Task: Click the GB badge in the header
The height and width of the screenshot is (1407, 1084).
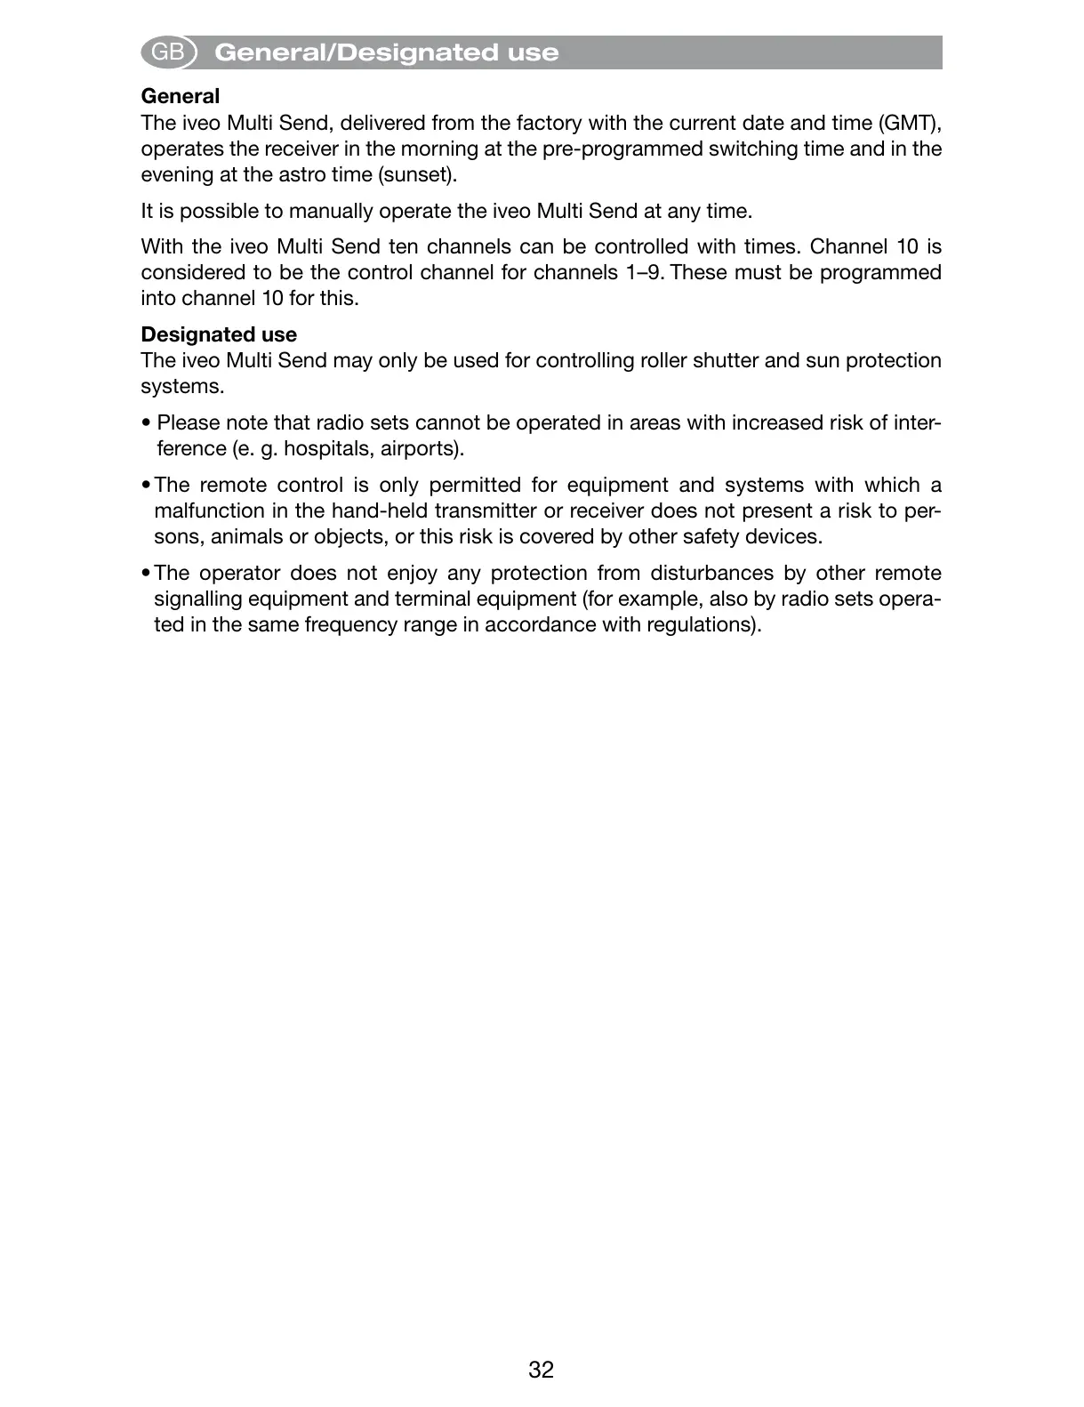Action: pyautogui.click(x=168, y=52)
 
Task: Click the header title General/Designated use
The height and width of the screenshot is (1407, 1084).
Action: pyautogui.click(x=387, y=52)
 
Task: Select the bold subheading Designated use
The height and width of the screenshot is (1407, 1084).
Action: pyautogui.click(x=219, y=334)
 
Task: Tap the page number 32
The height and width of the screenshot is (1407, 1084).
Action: pyautogui.click(x=541, y=1370)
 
